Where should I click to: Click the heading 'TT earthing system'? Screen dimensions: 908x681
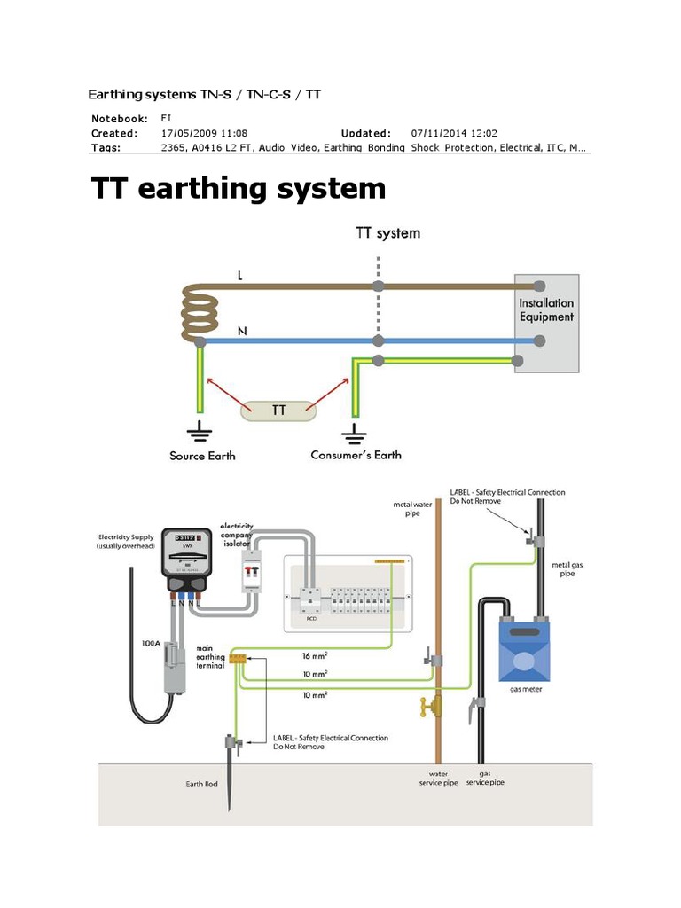pos(239,189)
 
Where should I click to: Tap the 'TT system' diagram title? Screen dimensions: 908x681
pos(387,233)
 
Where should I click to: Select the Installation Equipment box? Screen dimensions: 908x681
pos(546,323)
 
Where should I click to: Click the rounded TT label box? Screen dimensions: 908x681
pos(278,411)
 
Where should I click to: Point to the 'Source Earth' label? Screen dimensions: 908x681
pos(202,456)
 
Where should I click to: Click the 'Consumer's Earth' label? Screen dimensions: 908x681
pos(356,455)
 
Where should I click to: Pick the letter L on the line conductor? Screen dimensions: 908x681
pos(239,276)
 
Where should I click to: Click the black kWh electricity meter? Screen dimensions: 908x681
pos(187,560)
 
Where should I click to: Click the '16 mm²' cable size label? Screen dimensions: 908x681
pos(314,657)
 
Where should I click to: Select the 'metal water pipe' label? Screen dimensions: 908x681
pos(411,509)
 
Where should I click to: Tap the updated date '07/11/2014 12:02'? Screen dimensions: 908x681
pos(454,133)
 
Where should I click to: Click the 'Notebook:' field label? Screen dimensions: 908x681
pos(120,118)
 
